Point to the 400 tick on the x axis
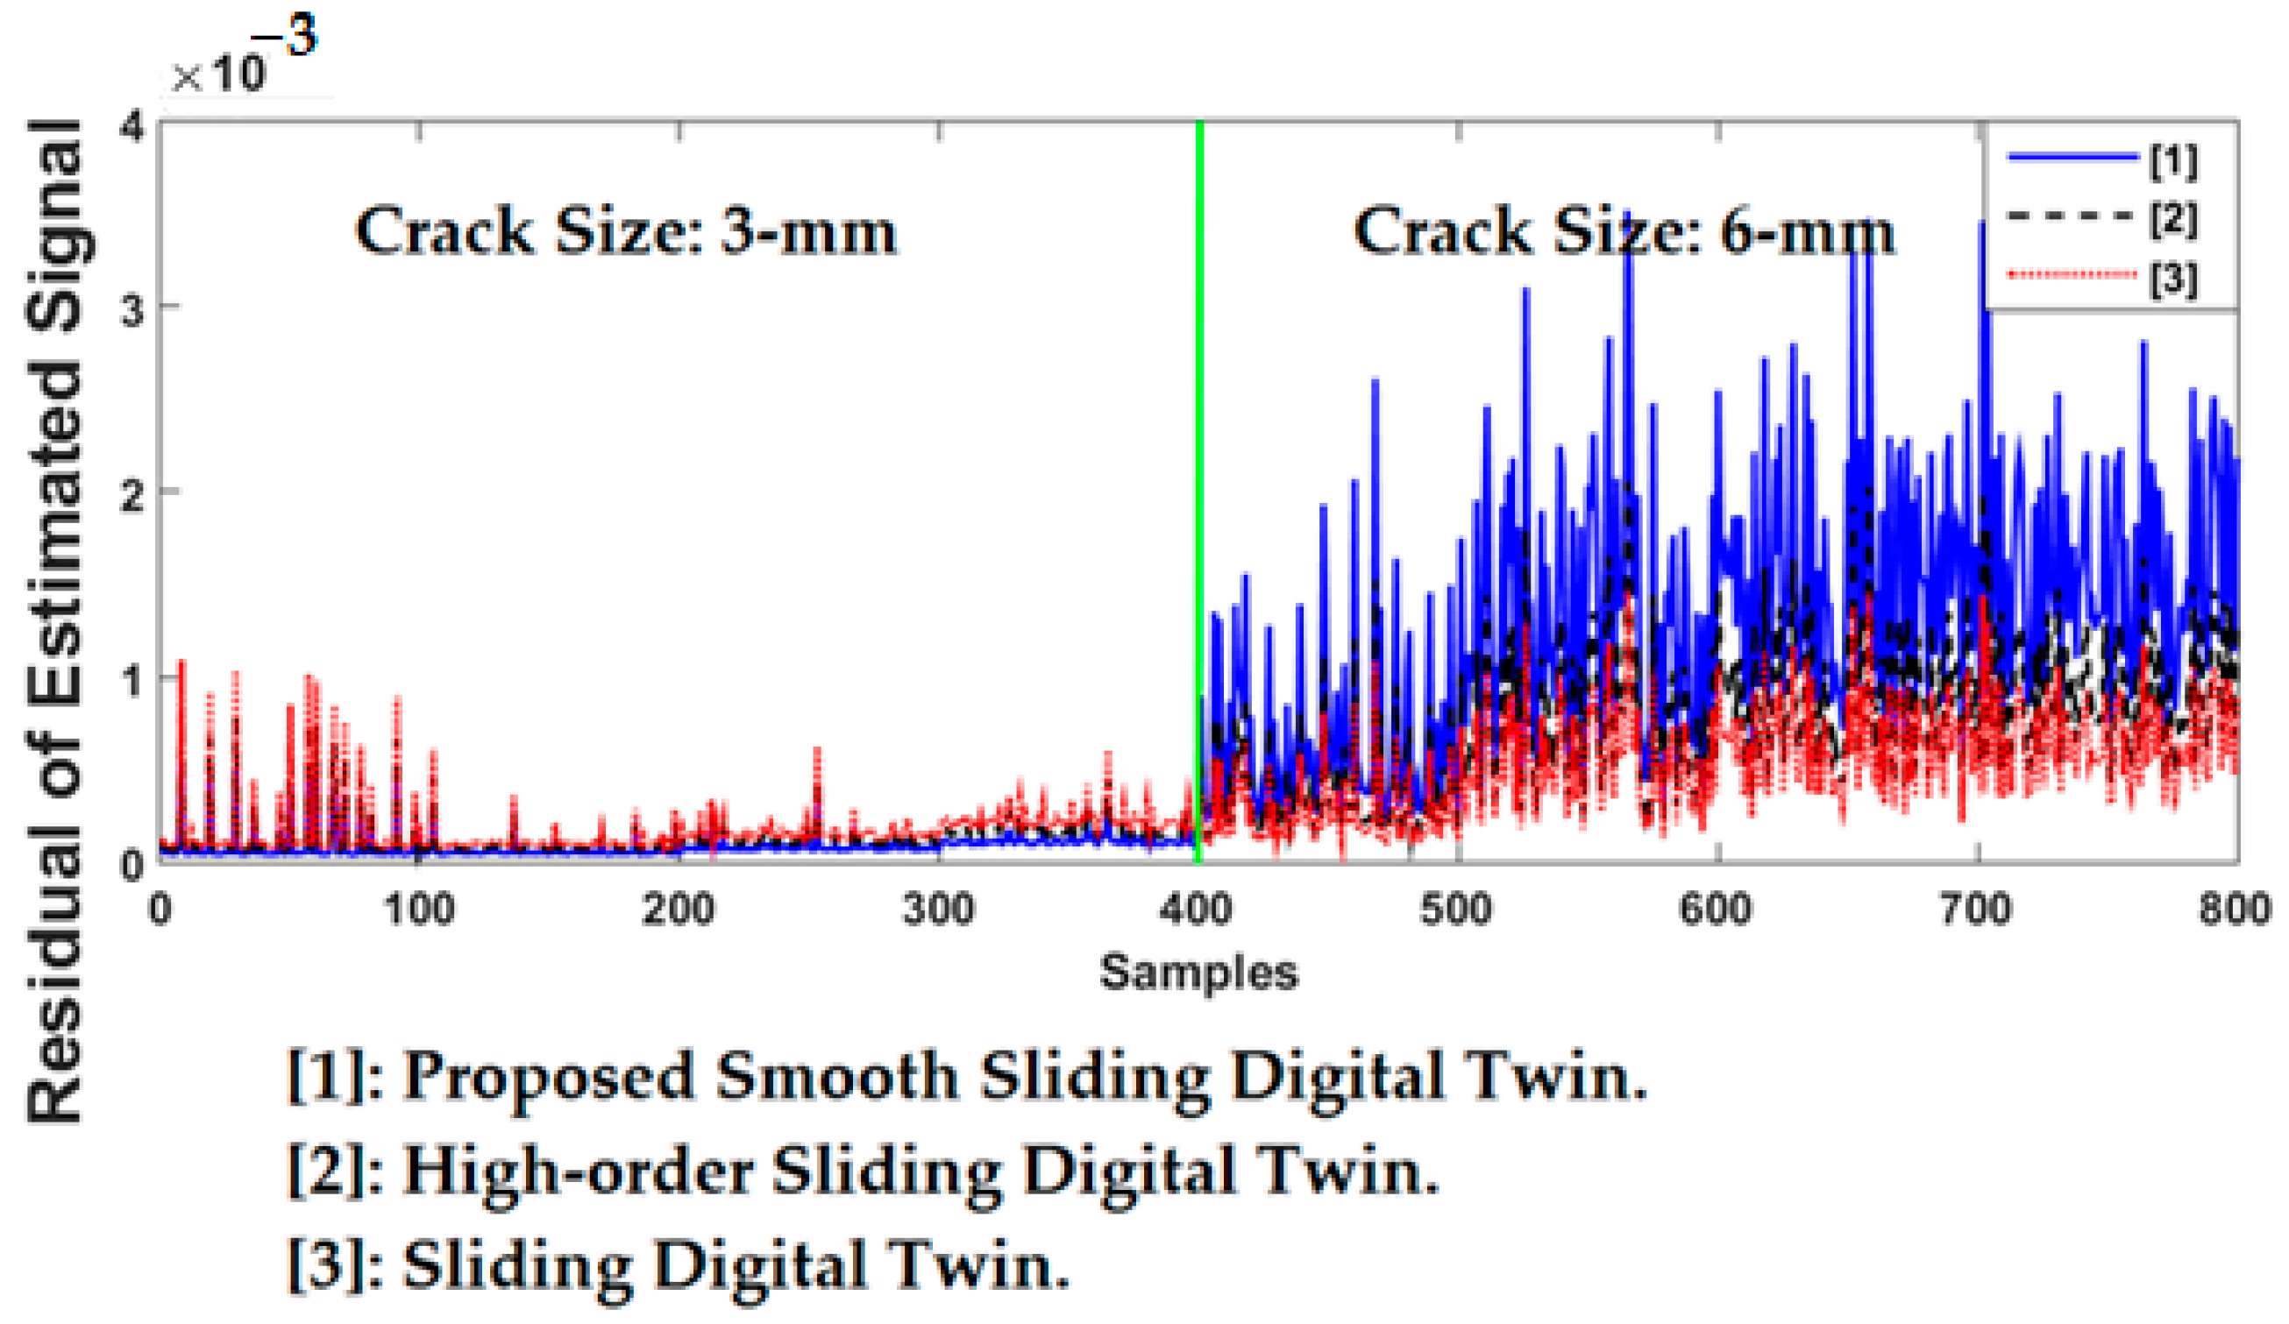[x=1198, y=909]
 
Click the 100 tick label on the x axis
[x=419, y=909]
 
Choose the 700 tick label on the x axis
[x=1977, y=909]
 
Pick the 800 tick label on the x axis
[x=2235, y=909]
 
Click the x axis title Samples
[x=1198, y=973]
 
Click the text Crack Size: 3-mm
[x=626, y=230]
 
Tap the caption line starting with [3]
[x=677, y=1265]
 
